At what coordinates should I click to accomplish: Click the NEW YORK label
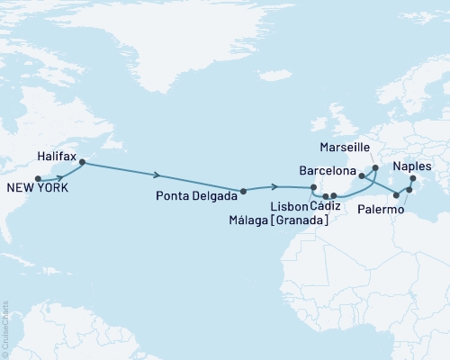(x=37, y=188)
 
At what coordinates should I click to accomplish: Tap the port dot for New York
(x=37, y=180)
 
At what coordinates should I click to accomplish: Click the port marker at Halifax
(x=82, y=163)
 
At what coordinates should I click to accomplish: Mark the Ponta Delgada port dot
(x=243, y=191)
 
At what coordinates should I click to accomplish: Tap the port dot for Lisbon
(x=313, y=187)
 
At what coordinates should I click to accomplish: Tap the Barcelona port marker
(x=361, y=176)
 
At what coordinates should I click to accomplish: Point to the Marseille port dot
(x=375, y=167)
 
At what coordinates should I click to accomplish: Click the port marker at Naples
(x=413, y=178)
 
